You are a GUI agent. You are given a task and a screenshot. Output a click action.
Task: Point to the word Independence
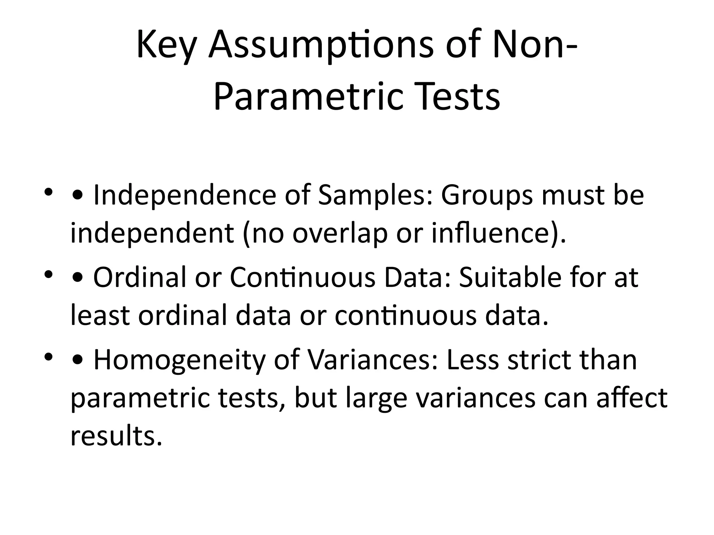tap(185, 195)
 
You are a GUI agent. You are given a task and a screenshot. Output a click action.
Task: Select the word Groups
tap(487, 195)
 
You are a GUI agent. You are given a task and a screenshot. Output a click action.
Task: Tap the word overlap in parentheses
tap(340, 233)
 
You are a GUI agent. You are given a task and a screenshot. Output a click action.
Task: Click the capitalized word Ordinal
tap(140, 278)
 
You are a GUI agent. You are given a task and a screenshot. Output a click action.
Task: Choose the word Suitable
tap(510, 278)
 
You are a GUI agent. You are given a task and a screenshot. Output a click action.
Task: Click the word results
tap(116, 436)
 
